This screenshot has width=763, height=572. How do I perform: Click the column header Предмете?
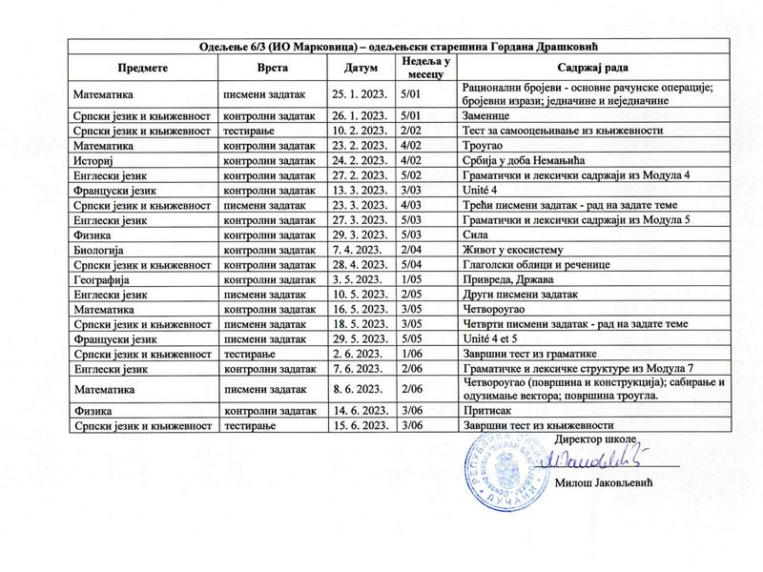click(x=143, y=70)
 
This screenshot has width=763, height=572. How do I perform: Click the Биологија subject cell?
click(x=100, y=250)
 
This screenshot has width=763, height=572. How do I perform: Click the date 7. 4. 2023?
click(x=356, y=250)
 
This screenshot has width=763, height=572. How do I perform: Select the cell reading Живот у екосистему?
click(x=518, y=250)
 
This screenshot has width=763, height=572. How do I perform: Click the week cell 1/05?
click(x=413, y=280)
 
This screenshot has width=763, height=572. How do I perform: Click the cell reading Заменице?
click(x=487, y=114)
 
